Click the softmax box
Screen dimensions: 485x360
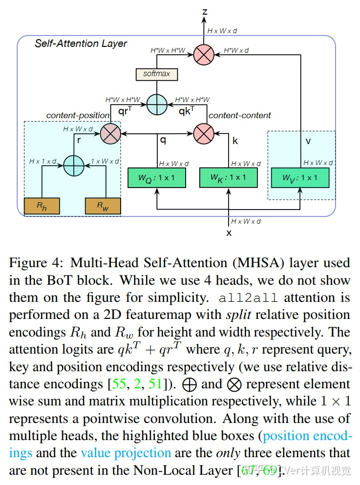[156, 74]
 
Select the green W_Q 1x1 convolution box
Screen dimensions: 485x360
[156, 178]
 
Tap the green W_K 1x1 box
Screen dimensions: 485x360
[229, 178]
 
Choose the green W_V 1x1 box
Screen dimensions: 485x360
[300, 178]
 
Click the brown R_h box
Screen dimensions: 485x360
[42, 206]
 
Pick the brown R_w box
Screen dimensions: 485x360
[103, 206]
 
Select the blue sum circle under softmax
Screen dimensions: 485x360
[157, 104]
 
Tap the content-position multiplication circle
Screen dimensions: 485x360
[110, 133]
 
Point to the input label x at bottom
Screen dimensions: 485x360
[229, 233]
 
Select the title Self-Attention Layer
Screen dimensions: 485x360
[81, 44]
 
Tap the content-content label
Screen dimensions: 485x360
[240, 116]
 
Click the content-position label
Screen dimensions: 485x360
[78, 116]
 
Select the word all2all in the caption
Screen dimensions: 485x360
[249, 298]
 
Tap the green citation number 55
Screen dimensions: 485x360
[118, 384]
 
